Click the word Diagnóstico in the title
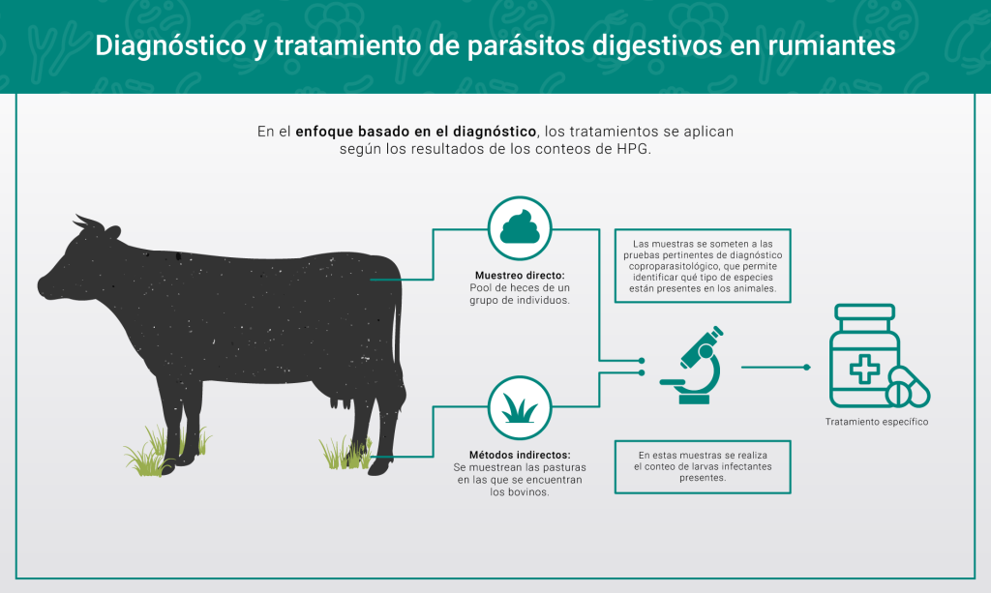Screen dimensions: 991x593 click(170, 46)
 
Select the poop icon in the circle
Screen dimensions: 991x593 click(520, 227)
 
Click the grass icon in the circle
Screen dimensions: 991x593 click(520, 408)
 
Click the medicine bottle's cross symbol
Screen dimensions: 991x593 click(864, 369)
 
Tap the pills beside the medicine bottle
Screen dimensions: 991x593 click(908, 387)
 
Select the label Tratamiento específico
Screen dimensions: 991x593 click(877, 422)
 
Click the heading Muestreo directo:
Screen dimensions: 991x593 click(520, 276)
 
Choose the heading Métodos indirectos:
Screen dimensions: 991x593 click(520, 455)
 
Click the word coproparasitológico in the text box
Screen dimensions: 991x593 click(670, 266)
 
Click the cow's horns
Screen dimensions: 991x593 click(87, 222)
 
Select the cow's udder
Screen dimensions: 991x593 click(342, 397)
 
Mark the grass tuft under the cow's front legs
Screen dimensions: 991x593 click(165, 450)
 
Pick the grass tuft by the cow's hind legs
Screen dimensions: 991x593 click(345, 453)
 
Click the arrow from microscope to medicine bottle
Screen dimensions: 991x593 click(775, 367)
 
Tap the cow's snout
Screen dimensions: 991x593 click(45, 285)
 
